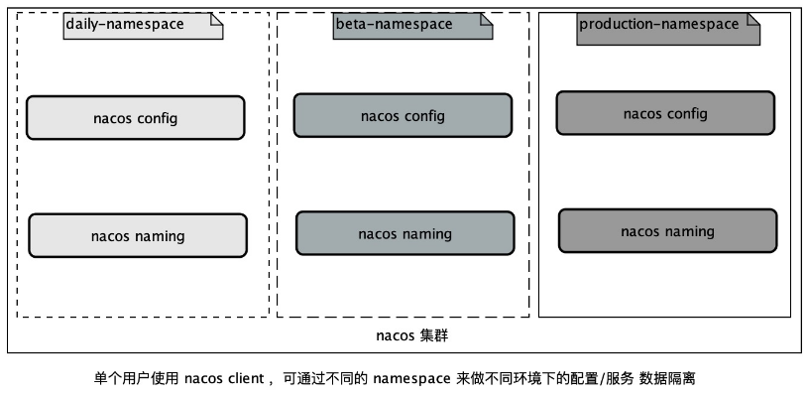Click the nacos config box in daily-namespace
coord(135,118)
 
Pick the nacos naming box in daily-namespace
coord(137,236)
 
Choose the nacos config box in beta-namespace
coord(403,116)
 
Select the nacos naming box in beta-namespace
coord(404,234)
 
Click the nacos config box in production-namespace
coord(665,113)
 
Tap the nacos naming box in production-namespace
coord(667,231)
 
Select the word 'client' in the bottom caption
coord(244,378)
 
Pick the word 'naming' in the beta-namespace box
coord(425,234)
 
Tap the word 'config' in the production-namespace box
coord(687,113)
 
